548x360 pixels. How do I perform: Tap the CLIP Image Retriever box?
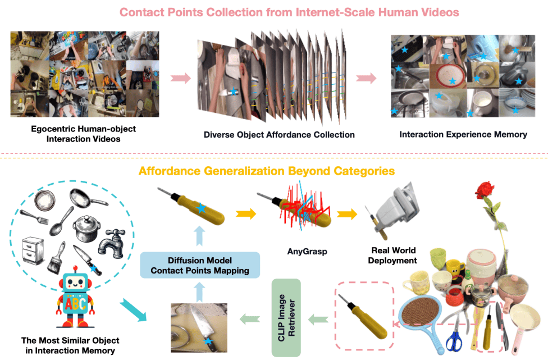pos(286,318)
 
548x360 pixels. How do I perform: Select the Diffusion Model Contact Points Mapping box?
pos(200,265)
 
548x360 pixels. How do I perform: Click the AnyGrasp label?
pos(307,251)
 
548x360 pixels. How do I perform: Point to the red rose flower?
pos(485,190)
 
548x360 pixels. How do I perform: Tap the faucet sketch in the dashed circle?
pos(112,243)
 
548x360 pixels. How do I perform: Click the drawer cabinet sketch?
pos(33,250)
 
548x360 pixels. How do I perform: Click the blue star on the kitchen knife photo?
pos(208,341)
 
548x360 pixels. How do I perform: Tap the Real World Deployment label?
pos(393,256)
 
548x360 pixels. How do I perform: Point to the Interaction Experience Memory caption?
pos(463,135)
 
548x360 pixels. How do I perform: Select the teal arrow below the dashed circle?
pos(133,310)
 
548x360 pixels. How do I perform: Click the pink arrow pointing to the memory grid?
pos(366,78)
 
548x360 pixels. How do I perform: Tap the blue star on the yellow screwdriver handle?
pos(201,208)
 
